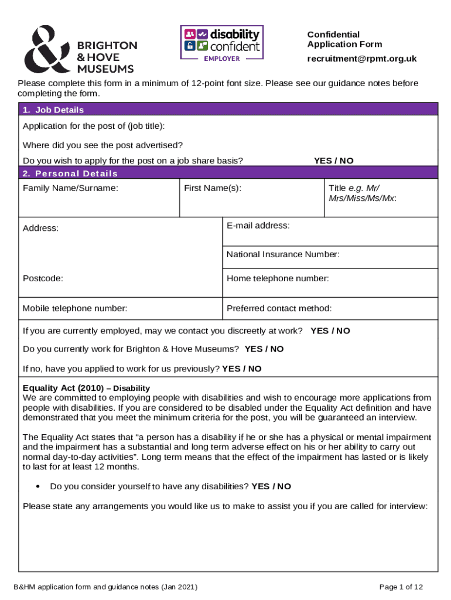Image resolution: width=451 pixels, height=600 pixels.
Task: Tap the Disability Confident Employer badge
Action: tap(221, 43)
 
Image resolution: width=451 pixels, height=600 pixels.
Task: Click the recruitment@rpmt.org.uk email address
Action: tap(362, 59)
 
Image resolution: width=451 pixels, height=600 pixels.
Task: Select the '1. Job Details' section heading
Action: tap(53, 110)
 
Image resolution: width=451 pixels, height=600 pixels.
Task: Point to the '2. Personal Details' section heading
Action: tap(70, 173)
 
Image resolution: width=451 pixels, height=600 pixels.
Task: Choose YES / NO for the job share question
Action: tap(333, 161)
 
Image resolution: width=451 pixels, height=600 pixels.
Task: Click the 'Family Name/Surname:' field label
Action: tap(70, 188)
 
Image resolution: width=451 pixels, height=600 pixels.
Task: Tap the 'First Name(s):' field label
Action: tap(213, 188)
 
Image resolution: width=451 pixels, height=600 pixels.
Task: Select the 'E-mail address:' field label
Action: tap(258, 225)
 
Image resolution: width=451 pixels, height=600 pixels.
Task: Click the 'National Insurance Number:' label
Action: tap(283, 254)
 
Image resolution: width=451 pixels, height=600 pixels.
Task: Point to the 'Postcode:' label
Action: tap(43, 278)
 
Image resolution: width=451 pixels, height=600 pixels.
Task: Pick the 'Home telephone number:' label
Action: tap(278, 278)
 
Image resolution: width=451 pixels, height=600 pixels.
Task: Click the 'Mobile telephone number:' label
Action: tap(75, 308)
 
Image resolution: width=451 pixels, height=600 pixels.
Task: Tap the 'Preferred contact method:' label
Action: tap(279, 308)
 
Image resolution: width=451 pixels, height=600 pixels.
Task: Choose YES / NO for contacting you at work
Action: tap(330, 330)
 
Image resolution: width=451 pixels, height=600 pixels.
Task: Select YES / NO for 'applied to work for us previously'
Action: tap(242, 369)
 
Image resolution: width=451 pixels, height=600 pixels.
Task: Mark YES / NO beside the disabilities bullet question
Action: tap(271, 486)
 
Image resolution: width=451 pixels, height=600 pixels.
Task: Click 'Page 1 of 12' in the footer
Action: tap(401, 587)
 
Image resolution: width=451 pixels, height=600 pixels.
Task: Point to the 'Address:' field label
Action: tap(40, 228)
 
